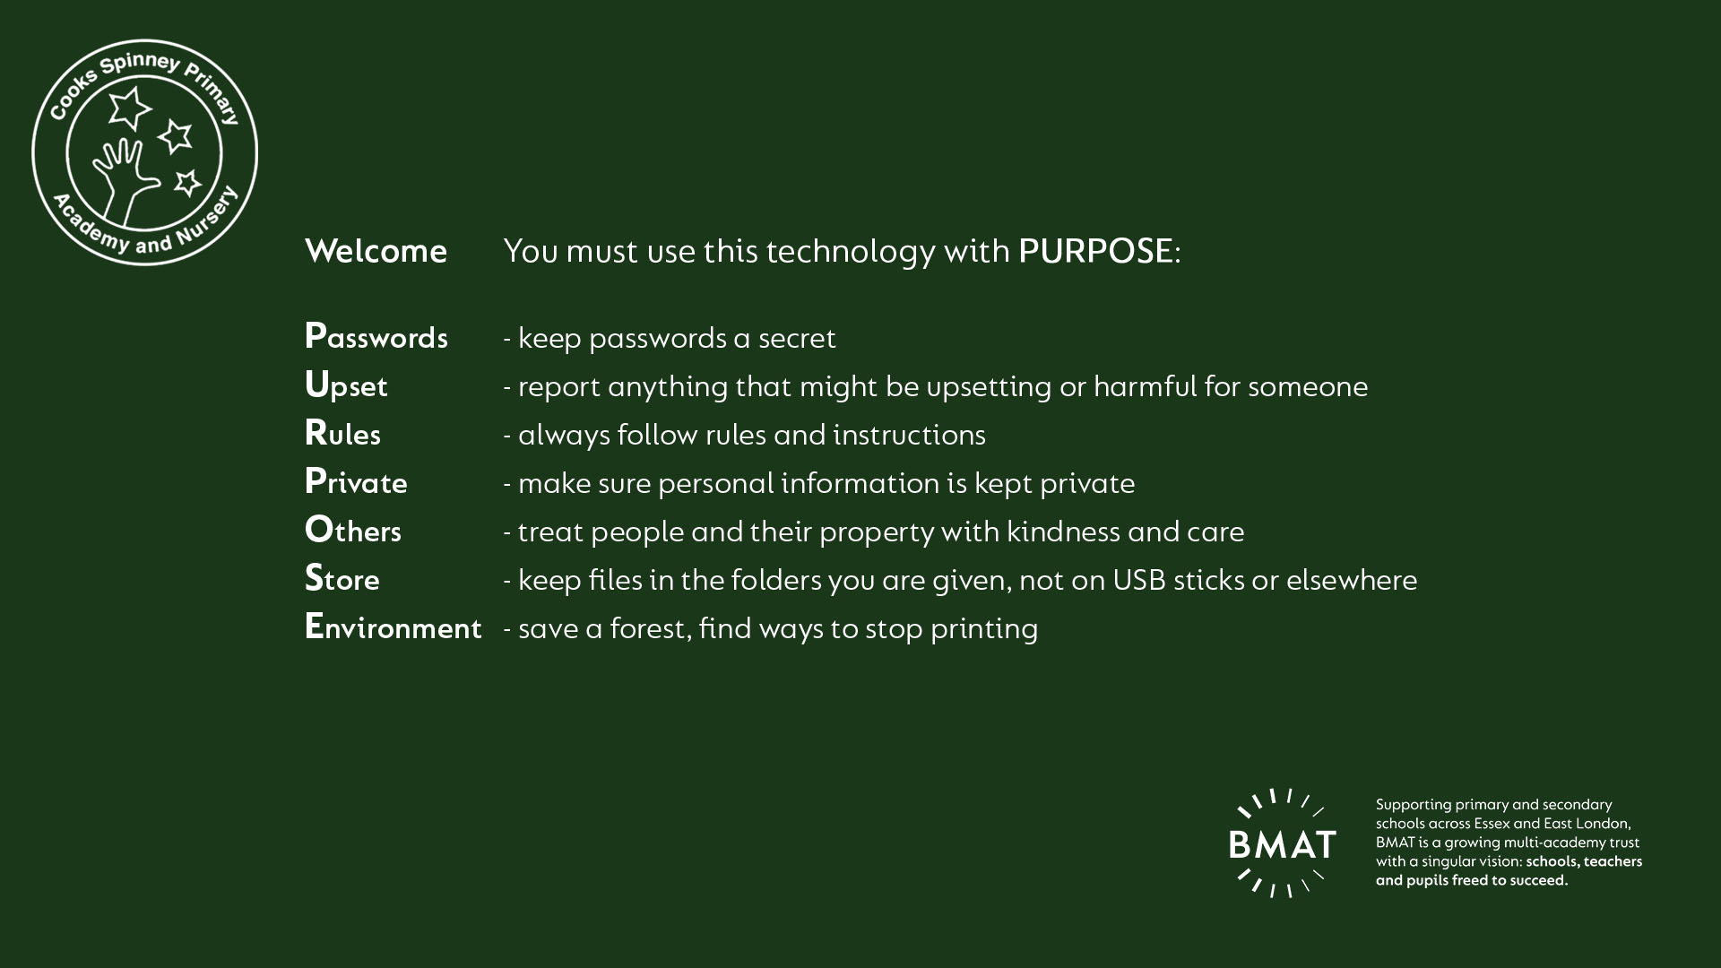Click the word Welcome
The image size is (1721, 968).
tap(376, 251)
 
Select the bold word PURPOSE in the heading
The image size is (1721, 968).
tap(1095, 251)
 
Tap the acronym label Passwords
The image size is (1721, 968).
tap(376, 336)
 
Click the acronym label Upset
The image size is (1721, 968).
tap(346, 385)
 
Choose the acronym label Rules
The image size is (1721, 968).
tap(342, 434)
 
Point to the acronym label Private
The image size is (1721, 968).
tap(356, 482)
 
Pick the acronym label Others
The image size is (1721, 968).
tap(353, 531)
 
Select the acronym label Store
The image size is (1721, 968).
tap(342, 579)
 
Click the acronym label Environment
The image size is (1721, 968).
tap(393, 627)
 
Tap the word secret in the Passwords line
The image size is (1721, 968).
tap(797, 338)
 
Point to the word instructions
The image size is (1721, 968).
tap(909, 435)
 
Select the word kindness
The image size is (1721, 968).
tap(1063, 532)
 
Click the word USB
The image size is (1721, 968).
tap(1138, 580)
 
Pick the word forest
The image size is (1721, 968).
tap(651, 628)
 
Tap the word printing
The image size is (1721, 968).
tap(984, 629)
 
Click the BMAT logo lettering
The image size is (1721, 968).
tap(1282, 844)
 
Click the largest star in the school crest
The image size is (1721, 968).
tap(130, 107)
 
